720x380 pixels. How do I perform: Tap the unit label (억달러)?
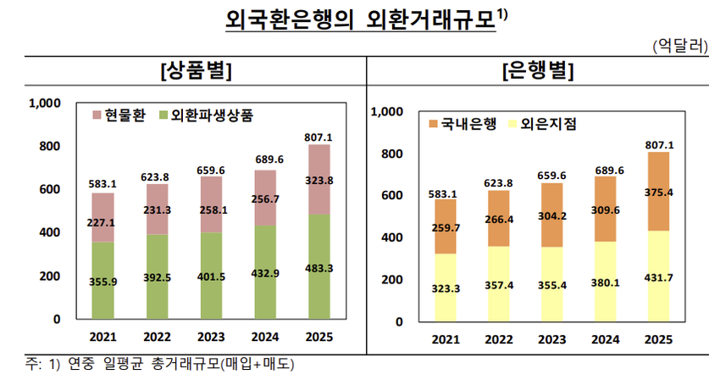(x=680, y=46)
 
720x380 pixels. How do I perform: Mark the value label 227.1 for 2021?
(x=102, y=224)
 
